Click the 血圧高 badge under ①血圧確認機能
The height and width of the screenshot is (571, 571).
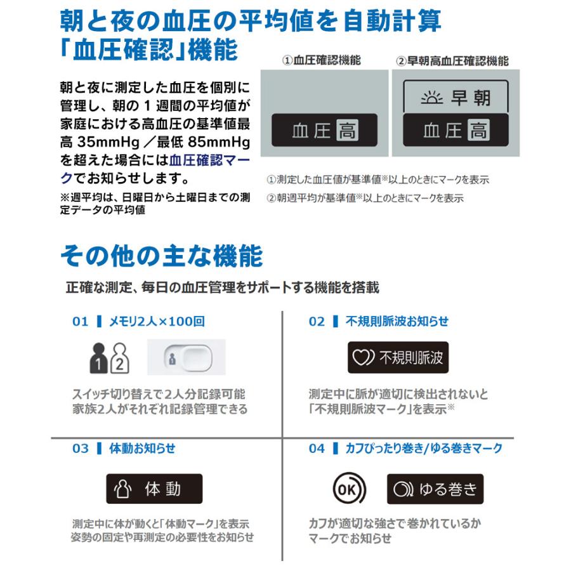324,131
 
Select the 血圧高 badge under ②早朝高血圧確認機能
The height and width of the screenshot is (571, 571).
456,131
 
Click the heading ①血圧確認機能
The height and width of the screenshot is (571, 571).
322,61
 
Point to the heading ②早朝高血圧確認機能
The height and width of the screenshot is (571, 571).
452,61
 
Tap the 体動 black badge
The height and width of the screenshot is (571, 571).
154,489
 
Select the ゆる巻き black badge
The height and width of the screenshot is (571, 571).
435,489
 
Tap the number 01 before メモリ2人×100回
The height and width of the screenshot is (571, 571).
80,322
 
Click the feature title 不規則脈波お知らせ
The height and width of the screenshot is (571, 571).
397,322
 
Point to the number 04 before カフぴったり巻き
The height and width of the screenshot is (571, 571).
317,449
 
